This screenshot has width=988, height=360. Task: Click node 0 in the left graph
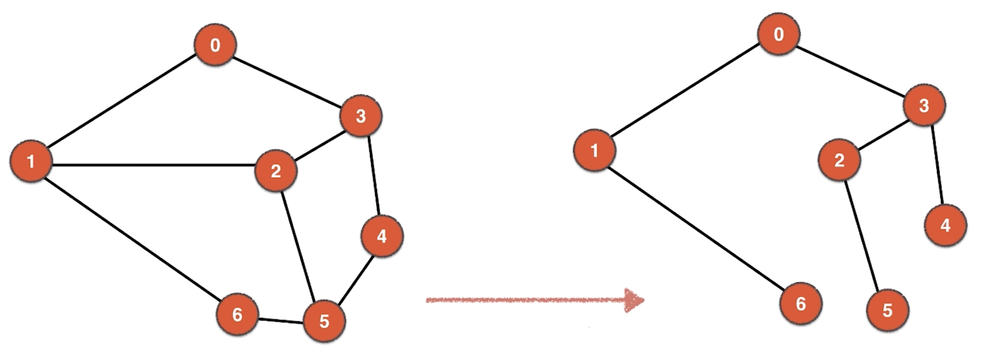coord(215,45)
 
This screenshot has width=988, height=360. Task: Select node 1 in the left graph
coord(31,161)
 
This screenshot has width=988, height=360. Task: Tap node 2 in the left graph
coord(275,171)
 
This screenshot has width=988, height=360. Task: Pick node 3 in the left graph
coord(360,116)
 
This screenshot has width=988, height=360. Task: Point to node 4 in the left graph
coord(381,236)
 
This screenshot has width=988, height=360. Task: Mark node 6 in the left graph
coord(237,314)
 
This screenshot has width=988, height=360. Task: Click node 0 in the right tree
coord(778,34)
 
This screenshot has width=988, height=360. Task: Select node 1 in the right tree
coord(594,150)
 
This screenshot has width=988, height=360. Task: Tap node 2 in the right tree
coord(839,160)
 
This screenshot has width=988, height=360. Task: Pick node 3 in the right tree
coord(924,105)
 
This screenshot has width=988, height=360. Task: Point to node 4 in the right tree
coord(945,225)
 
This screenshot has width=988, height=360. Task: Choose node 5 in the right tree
coord(887,310)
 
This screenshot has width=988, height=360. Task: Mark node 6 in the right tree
coord(800,303)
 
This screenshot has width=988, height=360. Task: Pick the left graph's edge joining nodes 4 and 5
coord(356,280)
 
